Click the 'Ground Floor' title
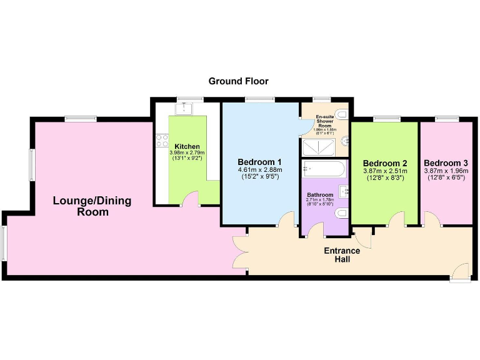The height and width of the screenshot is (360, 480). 238,81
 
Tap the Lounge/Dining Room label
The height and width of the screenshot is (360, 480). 92,206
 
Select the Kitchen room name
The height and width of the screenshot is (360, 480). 187,147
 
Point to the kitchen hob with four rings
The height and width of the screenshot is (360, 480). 162,141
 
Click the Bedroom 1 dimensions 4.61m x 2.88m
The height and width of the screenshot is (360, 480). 259,169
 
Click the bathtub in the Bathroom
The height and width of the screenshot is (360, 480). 322,169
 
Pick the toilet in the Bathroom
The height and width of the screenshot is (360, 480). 341,214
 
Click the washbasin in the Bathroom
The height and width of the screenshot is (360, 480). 343,190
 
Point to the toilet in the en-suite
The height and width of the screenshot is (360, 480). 341,114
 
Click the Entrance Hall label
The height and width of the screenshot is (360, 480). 341,255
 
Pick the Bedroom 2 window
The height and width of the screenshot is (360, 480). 386,119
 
